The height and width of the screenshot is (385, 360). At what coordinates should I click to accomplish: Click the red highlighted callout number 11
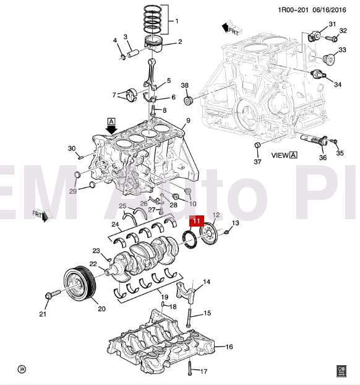click(x=196, y=220)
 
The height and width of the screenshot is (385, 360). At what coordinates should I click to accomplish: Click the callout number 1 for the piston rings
click(x=177, y=21)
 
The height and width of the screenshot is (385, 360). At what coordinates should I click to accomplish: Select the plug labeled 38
click(x=189, y=100)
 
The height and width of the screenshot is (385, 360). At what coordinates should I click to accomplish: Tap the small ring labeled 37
click(x=256, y=145)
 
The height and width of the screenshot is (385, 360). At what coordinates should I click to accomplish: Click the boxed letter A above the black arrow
click(x=111, y=121)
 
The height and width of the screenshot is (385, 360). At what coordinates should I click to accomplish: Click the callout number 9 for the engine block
click(x=187, y=120)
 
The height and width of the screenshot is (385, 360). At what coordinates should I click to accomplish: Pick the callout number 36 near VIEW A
click(x=322, y=157)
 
